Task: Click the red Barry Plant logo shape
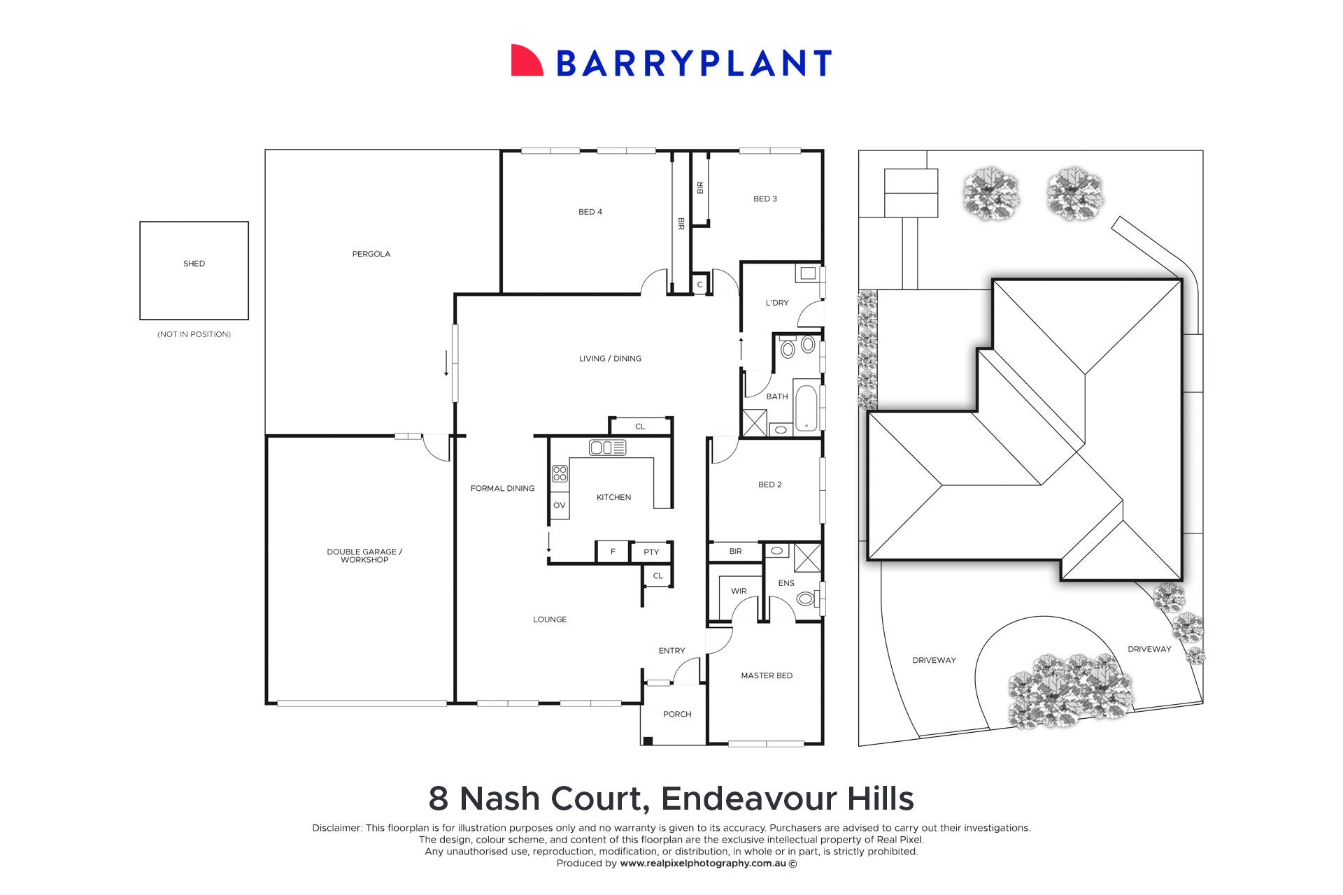[x=526, y=62]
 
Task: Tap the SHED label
[x=194, y=264]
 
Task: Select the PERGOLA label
[x=371, y=254]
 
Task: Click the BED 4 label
[x=590, y=212]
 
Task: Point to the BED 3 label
[x=765, y=199]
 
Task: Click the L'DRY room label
[x=776, y=303]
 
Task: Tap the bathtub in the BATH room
[x=806, y=408]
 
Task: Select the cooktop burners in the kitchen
[x=560, y=473]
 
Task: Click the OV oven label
[x=559, y=505]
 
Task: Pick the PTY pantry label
[x=651, y=552]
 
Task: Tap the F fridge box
[x=613, y=552]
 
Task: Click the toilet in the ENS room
[x=806, y=599]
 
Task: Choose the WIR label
[x=739, y=591]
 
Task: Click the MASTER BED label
[x=767, y=675]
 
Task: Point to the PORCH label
[x=676, y=714]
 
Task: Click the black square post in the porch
[x=648, y=740]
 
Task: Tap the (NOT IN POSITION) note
[x=194, y=334]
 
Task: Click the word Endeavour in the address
[x=747, y=799]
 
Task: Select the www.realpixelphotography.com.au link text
[x=702, y=864]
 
